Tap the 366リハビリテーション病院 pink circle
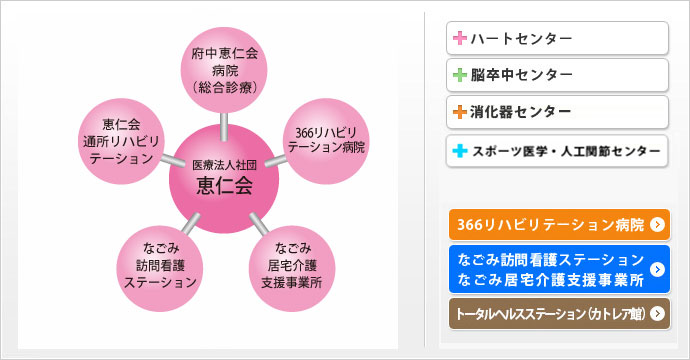click(326, 138)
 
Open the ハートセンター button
click(557, 38)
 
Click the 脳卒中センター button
click(557, 75)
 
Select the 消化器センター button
click(557, 111)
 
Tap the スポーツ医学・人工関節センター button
click(557, 151)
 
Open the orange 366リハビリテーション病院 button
click(558, 225)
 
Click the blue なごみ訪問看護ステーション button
click(558, 268)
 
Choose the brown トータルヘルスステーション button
click(558, 313)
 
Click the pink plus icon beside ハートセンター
click(460, 38)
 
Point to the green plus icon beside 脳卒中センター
click(460, 75)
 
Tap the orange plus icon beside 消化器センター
click(460, 111)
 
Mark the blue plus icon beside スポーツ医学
click(460, 151)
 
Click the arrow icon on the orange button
click(657, 225)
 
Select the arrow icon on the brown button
click(657, 313)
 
